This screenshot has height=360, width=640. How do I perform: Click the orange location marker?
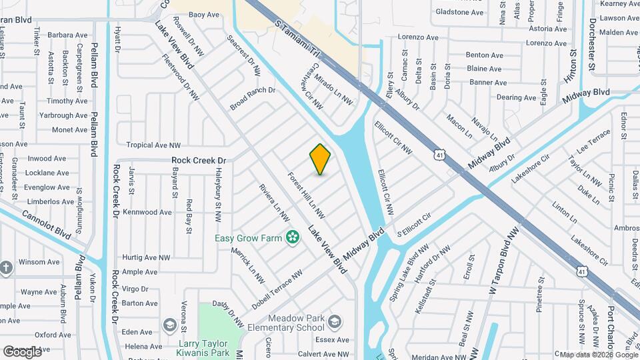pyautogui.click(x=320, y=159)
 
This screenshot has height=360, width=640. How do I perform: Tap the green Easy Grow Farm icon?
pyautogui.click(x=292, y=237)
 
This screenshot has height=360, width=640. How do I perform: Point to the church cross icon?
pyautogui.click(x=7, y=268)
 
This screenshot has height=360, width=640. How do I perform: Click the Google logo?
pyautogui.click(x=22, y=351)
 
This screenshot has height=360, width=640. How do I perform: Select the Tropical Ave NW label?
pyautogui.click(x=153, y=145)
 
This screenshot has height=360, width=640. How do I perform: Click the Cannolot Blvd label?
pyautogui.click(x=46, y=225)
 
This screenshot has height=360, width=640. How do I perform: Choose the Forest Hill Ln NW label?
pyautogui.click(x=306, y=196)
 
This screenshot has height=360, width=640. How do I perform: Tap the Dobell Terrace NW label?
pyautogui.click(x=277, y=289)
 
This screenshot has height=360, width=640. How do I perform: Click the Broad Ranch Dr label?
pyautogui.click(x=253, y=98)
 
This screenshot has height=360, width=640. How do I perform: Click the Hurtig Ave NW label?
pyautogui.click(x=147, y=257)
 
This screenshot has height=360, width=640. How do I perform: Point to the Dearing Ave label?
pyautogui.click(x=516, y=97)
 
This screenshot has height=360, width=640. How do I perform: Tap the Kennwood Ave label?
pyautogui.click(x=147, y=212)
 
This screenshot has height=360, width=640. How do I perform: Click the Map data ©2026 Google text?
pyautogui.click(x=598, y=355)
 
